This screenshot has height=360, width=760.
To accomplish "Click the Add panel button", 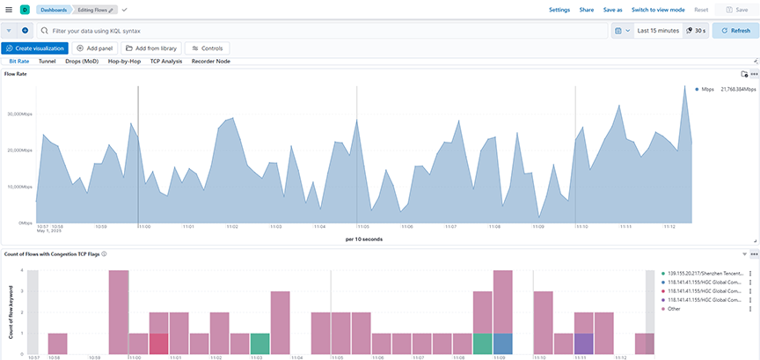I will (92, 48).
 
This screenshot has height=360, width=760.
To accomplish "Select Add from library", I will (150, 48).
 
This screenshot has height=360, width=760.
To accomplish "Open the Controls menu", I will (208, 48).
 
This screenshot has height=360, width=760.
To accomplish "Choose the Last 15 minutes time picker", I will (657, 30).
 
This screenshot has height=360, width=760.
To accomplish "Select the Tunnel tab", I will (47, 62).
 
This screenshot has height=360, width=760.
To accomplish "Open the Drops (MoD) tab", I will (82, 62).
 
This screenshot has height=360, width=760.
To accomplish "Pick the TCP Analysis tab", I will (166, 62).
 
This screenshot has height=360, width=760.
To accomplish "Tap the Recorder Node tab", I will (211, 62).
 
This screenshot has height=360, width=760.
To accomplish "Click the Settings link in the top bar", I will (559, 9).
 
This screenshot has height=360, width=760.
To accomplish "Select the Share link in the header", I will (586, 9).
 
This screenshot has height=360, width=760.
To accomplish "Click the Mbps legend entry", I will (707, 89).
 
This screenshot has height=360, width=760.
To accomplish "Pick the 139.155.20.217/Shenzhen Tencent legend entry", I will (706, 275).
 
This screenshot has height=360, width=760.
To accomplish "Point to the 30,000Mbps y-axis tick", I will (20, 114).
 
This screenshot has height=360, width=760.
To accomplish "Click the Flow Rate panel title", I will (15, 74).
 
